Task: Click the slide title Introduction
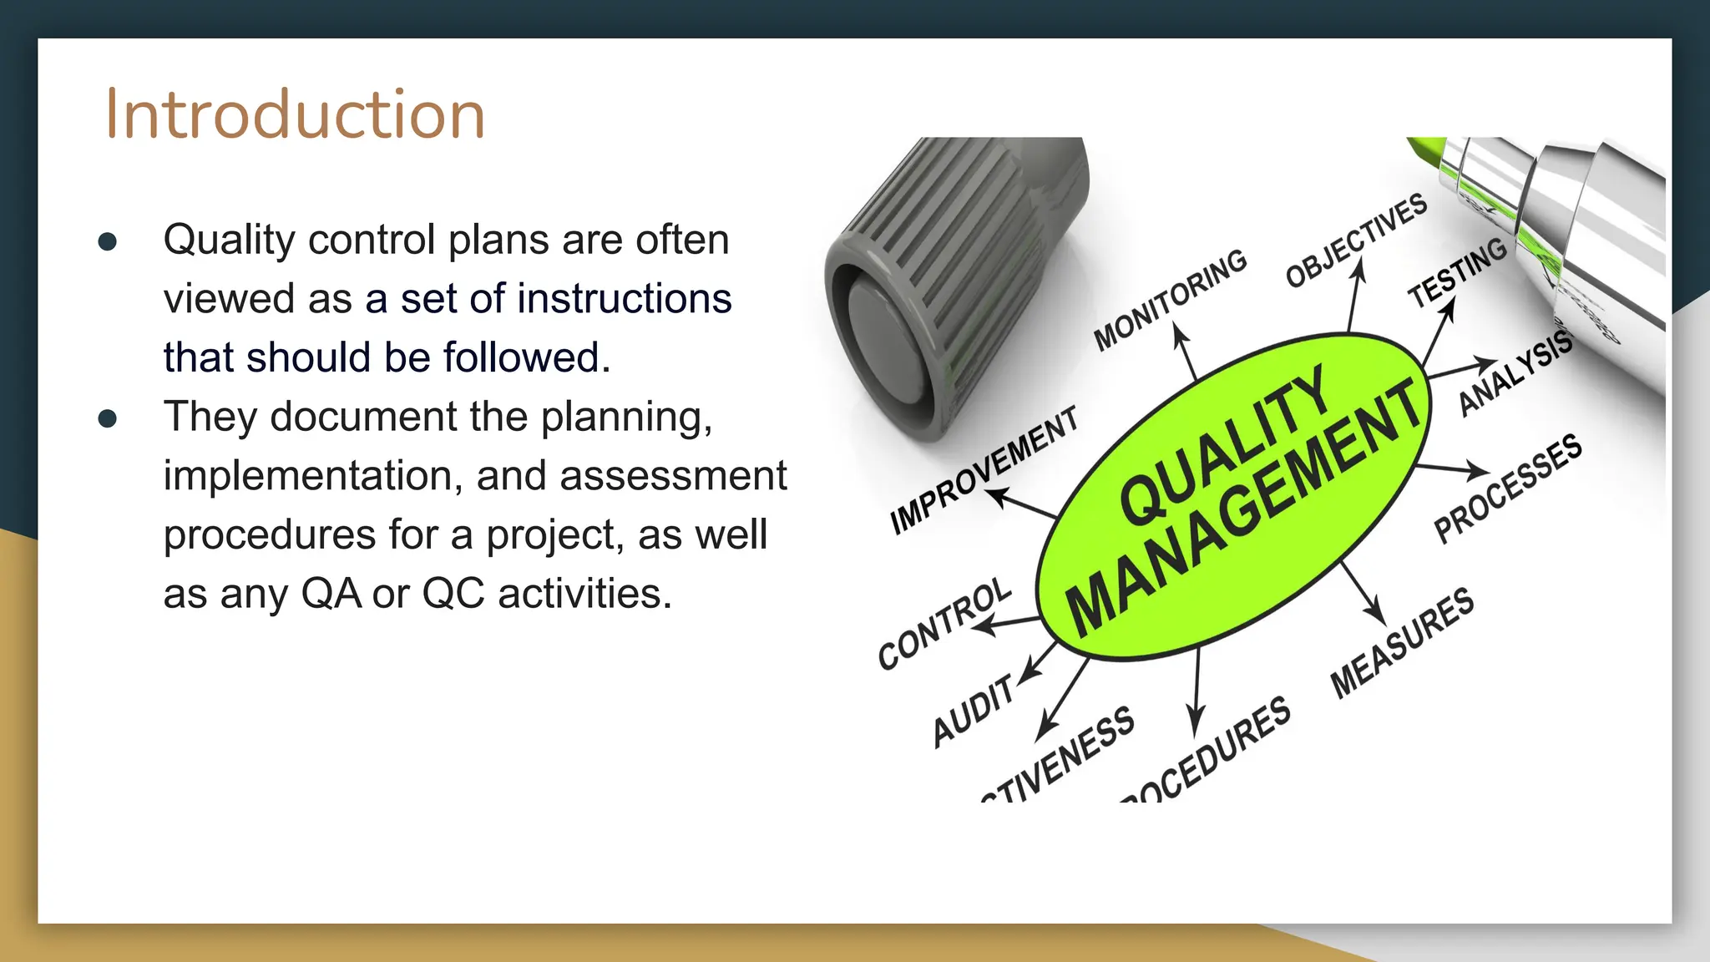[295, 114]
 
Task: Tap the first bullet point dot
[107, 242]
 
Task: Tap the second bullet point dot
[107, 418]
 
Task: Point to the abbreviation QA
[331, 594]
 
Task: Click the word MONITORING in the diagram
[1170, 299]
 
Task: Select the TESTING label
[1457, 271]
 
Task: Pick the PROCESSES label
[1507, 489]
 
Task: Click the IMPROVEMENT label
[984, 469]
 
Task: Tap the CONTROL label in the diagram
[944, 623]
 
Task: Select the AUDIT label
[974, 710]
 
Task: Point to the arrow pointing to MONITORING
[1186, 351]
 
